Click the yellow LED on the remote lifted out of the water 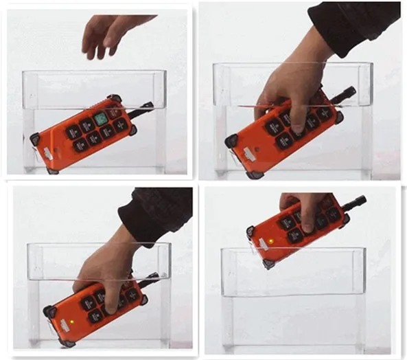[x=271, y=242]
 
